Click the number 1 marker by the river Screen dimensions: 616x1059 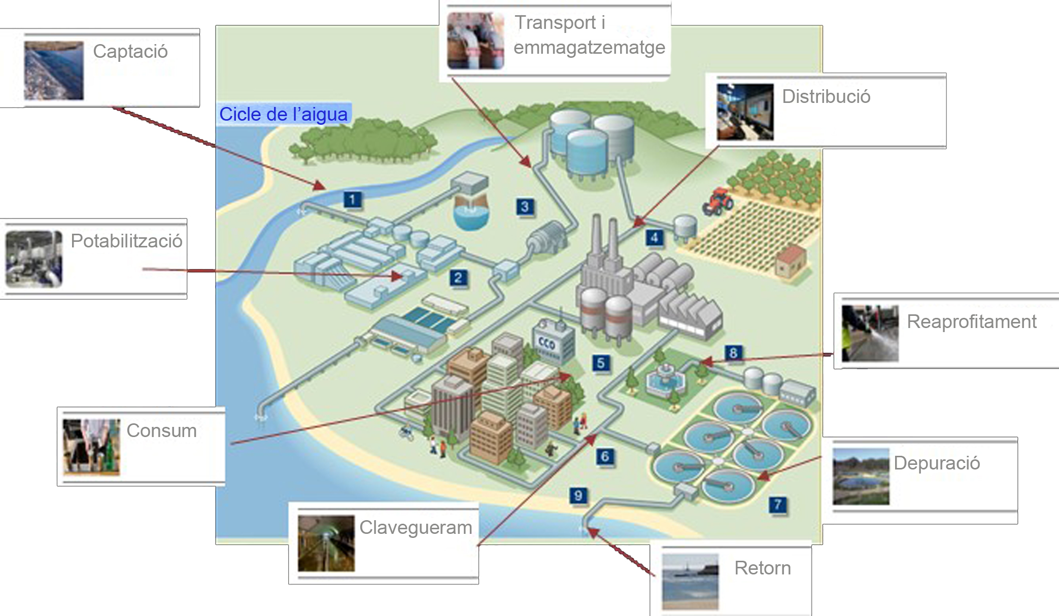click(352, 199)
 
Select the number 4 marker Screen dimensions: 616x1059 click(654, 237)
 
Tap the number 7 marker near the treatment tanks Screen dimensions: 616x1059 click(777, 504)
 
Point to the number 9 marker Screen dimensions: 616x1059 click(578, 495)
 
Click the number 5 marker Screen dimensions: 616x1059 click(601, 363)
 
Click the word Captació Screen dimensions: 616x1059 click(130, 52)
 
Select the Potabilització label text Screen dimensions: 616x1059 click(126, 241)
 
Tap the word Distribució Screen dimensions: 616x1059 click(826, 96)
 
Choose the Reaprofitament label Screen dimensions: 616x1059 click(971, 321)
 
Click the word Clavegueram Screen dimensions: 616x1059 click(416, 527)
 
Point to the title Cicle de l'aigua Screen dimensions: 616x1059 click(283, 114)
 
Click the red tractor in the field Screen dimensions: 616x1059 click(718, 200)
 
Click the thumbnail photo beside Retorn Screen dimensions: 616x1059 click(690, 582)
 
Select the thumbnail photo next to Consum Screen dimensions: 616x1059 click(91, 447)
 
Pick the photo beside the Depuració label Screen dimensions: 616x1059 click(861, 477)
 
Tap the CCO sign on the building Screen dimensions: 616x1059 click(546, 343)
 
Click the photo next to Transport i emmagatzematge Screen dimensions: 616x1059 click(475, 41)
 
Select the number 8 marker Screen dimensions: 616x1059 click(733, 352)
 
